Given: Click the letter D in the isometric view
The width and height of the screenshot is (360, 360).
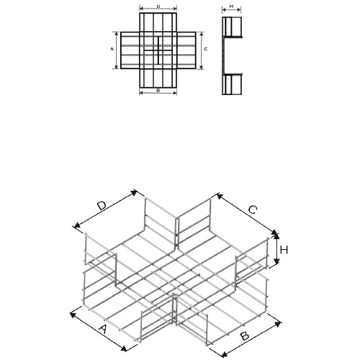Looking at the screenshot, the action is [x=102, y=206].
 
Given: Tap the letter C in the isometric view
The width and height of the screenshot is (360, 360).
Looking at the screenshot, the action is [x=253, y=210].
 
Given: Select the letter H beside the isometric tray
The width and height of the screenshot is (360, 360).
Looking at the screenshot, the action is [x=284, y=250].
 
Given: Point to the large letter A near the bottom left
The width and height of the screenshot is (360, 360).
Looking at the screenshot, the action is [x=103, y=329].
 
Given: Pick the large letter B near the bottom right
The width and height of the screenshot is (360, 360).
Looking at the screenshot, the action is [x=245, y=336].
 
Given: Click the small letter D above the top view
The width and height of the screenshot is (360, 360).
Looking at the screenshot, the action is [x=158, y=6].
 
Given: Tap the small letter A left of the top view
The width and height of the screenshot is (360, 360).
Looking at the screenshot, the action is [x=112, y=49].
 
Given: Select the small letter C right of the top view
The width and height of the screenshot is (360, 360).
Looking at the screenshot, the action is [x=206, y=49].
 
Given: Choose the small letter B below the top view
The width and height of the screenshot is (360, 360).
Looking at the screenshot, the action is [x=158, y=91].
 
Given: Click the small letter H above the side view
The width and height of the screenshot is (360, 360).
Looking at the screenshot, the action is [x=231, y=6].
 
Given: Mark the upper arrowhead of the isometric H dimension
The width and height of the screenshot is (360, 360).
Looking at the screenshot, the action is [x=276, y=235].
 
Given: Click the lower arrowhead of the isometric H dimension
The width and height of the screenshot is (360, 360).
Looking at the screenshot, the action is [x=277, y=261].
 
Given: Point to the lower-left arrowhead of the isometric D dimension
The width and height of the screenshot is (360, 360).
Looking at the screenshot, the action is [x=77, y=225].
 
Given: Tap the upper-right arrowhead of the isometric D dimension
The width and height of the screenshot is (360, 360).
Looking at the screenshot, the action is [x=133, y=192].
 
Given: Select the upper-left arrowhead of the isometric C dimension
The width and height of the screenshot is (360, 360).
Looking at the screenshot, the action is [x=220, y=197].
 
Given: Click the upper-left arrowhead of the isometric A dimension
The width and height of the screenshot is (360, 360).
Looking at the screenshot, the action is [x=73, y=315].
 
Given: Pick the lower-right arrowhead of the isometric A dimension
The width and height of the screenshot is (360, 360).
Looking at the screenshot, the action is [x=124, y=348].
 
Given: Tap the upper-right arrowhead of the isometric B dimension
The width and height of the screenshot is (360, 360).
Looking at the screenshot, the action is [x=278, y=324].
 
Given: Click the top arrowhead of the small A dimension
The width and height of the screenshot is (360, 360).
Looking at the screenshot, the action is [x=117, y=34].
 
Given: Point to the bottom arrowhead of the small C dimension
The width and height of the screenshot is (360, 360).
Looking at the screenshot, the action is [x=202, y=68].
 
